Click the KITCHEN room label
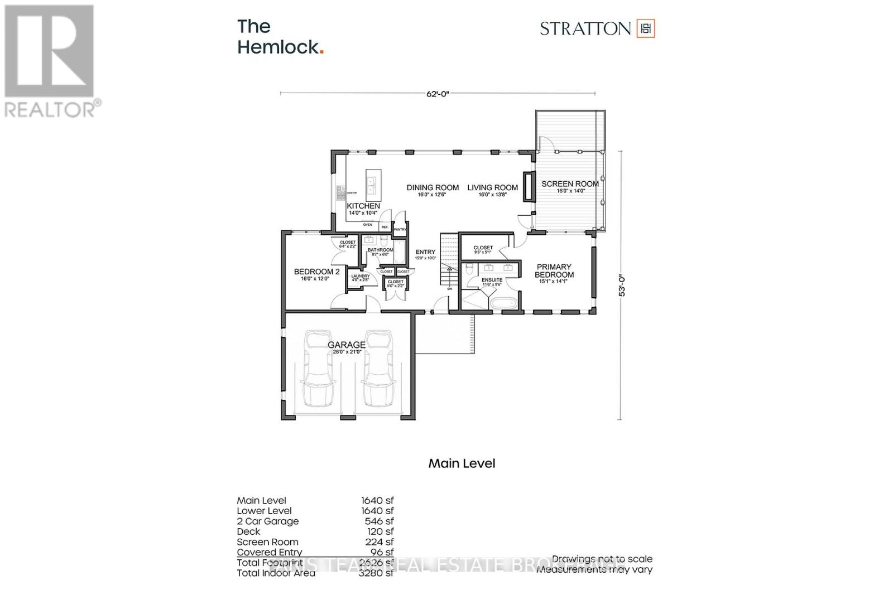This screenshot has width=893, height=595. point(363,206)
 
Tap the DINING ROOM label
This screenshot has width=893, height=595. point(433,188)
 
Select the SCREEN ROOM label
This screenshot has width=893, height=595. point(570,183)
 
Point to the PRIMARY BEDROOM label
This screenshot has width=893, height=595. point(553,271)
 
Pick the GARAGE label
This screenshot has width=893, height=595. point(347,345)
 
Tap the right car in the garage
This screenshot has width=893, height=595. point(377,368)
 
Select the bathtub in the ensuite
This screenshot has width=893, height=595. point(503,303)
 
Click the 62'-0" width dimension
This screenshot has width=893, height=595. point(438,94)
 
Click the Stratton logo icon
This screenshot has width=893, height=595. point(646,28)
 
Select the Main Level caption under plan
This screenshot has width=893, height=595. point(462,463)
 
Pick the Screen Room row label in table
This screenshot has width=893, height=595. point(267,542)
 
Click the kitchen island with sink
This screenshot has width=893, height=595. point(372,185)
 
